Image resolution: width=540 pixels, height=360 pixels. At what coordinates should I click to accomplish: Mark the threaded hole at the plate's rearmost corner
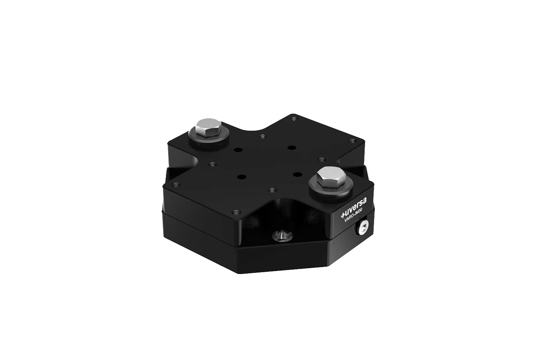[293, 118]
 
